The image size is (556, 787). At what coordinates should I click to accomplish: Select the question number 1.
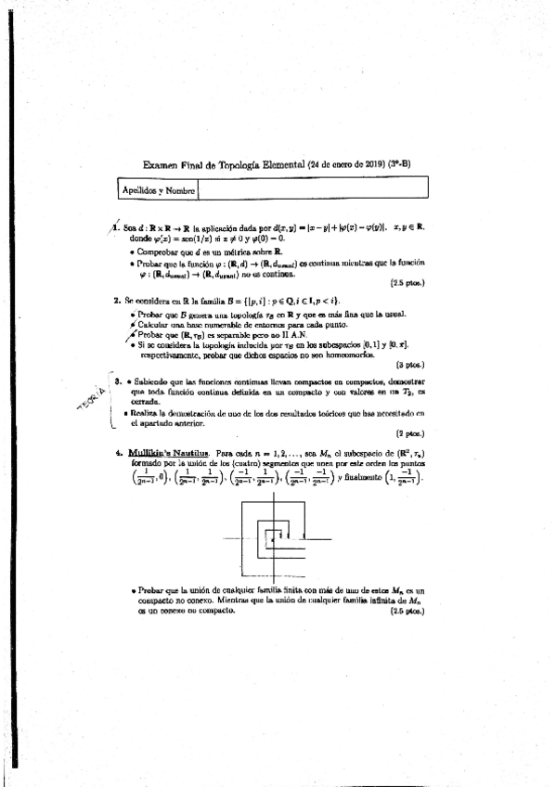pos(116,226)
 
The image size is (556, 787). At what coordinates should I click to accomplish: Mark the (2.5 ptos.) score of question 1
pos(409,282)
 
